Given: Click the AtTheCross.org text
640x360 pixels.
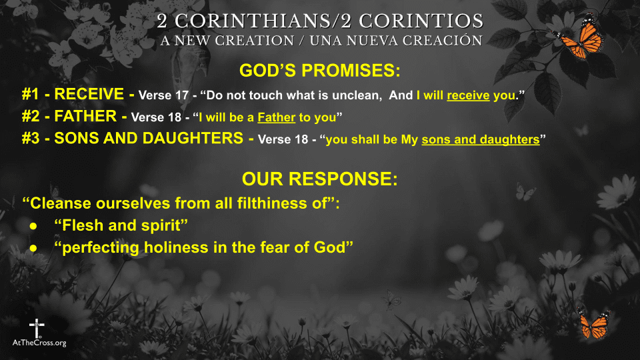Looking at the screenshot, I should pos(39,343).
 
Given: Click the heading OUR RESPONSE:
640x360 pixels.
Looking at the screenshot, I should pos(320,179).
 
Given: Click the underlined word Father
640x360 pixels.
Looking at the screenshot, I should pos(276,118).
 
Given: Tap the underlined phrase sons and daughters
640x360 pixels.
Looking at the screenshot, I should pos(480,140).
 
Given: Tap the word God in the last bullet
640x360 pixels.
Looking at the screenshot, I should pos(335,247).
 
